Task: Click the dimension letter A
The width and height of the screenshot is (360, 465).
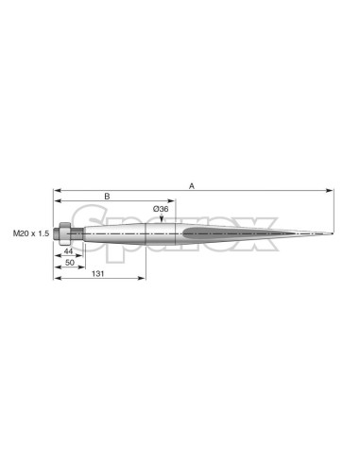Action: (x=192, y=186)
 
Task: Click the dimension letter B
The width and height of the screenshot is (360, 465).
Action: (x=107, y=197)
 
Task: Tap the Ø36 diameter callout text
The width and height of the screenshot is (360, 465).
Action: (x=161, y=209)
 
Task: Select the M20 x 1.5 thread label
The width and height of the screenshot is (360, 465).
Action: (x=31, y=233)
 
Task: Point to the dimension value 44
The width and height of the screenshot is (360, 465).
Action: (x=68, y=251)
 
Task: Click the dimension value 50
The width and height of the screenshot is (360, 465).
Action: (x=70, y=263)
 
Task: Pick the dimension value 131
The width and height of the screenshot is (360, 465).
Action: (x=98, y=274)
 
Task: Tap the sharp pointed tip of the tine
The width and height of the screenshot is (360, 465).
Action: (x=333, y=233)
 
